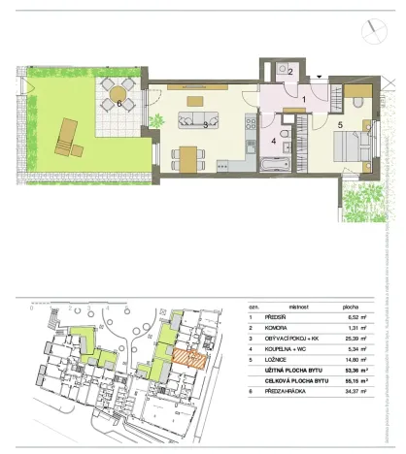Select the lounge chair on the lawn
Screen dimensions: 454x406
[68, 138]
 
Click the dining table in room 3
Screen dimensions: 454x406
[188, 155]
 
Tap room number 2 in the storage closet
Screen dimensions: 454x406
[289, 71]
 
